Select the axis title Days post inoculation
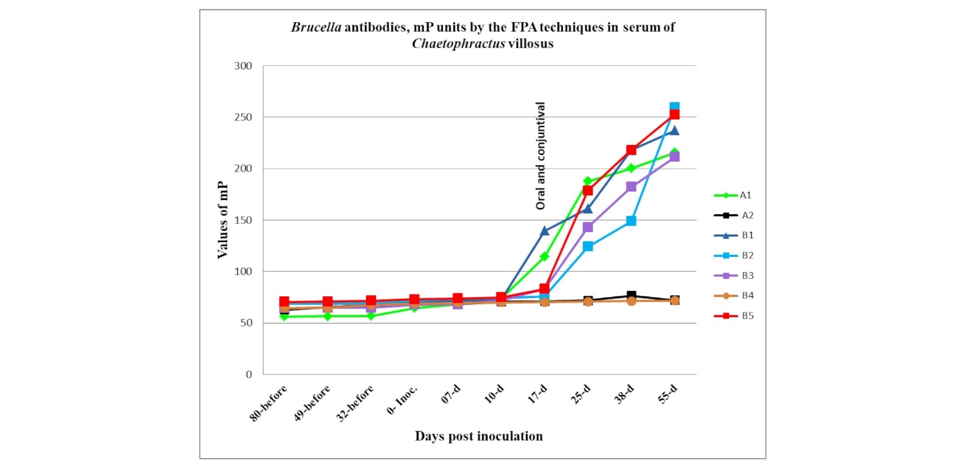[478, 436]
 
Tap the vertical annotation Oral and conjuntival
[541, 156]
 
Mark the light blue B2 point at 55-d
[674, 108]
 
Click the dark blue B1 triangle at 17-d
[544, 231]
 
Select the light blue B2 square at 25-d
[588, 246]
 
